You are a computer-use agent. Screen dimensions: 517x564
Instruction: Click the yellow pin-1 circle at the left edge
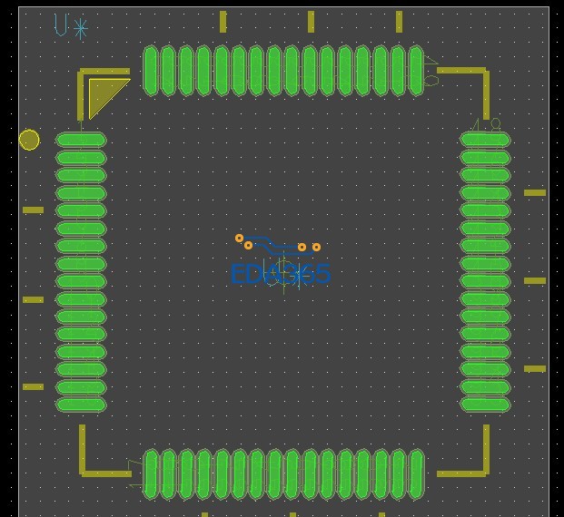(29, 140)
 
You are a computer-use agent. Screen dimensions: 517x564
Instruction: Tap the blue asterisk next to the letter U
(81, 29)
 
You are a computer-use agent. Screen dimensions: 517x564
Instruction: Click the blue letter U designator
(61, 25)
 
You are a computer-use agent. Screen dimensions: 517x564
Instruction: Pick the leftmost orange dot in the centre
(240, 239)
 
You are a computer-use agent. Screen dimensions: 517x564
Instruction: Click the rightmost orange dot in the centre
(316, 247)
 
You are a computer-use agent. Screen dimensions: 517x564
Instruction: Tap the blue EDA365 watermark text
(281, 273)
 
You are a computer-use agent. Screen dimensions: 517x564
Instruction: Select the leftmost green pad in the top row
(151, 71)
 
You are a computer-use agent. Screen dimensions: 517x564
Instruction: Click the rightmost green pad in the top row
(416, 71)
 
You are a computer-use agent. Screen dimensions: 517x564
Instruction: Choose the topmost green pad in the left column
(81, 140)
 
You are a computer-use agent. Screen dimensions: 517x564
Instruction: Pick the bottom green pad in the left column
(81, 405)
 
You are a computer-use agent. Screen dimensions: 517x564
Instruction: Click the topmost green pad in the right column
(485, 140)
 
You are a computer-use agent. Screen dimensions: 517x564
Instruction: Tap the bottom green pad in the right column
(485, 405)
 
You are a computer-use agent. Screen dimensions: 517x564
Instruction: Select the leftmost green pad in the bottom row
(151, 473)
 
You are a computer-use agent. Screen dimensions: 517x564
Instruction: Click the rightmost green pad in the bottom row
(416, 473)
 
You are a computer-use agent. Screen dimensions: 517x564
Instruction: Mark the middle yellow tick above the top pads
(311, 22)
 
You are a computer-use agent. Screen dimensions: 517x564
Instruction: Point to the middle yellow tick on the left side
(33, 299)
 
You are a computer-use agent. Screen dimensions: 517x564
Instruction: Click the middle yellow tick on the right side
(535, 280)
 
